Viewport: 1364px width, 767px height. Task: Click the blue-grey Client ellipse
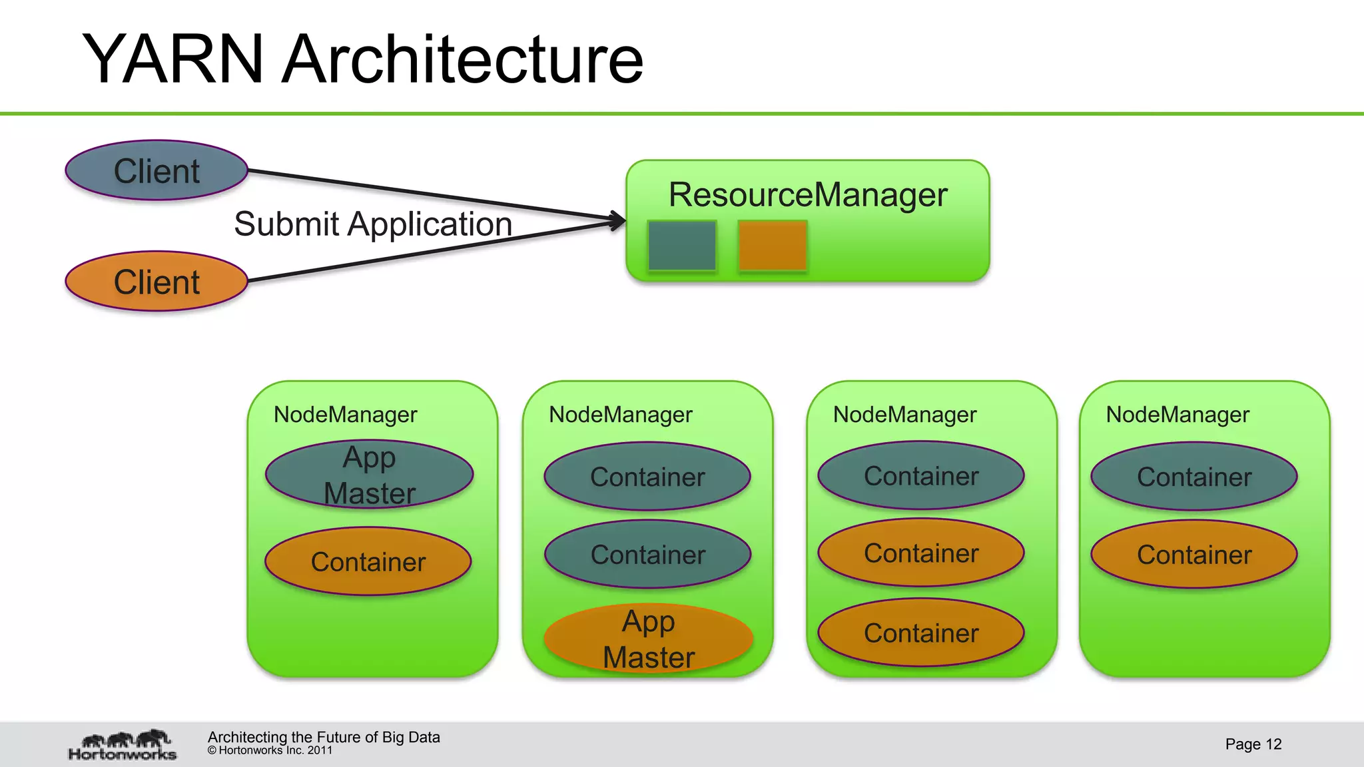(157, 170)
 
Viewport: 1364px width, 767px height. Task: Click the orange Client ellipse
(157, 282)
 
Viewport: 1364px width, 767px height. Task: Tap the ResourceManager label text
(807, 195)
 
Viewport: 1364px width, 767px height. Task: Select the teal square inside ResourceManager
(682, 246)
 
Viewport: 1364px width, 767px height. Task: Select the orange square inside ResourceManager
(773, 246)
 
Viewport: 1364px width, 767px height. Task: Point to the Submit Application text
(373, 224)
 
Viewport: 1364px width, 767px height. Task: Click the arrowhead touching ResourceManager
(618, 220)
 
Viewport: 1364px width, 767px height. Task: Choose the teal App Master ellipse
(370, 475)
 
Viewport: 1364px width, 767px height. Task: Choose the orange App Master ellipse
(649, 639)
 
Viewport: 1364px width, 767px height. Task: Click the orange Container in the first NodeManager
(368, 561)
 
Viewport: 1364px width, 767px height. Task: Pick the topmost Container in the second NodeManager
(647, 477)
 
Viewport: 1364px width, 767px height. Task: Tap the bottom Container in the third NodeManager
(921, 633)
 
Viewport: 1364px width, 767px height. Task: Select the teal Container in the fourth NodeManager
(1194, 477)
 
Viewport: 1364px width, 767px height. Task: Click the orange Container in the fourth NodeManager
(1194, 555)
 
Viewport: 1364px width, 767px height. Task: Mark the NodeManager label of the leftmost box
(345, 415)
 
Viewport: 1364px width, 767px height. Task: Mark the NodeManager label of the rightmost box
(1178, 415)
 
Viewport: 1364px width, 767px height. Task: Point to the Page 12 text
(1253, 744)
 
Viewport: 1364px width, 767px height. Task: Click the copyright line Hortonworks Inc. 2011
(270, 751)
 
